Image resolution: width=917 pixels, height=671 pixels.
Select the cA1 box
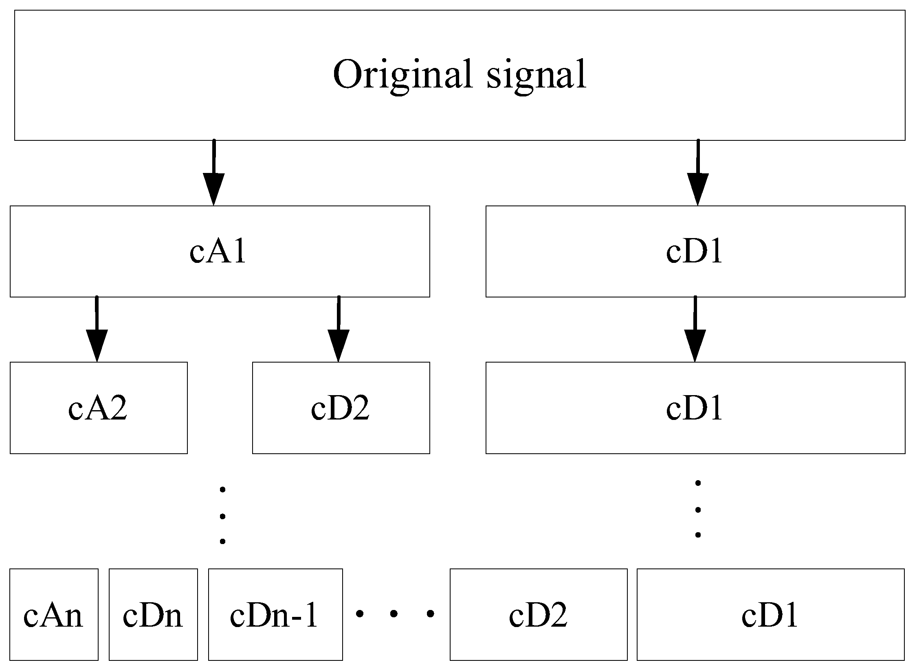tap(220, 251)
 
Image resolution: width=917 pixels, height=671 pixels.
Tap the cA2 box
tap(98, 408)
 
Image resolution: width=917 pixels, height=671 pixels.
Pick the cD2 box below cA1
tap(341, 408)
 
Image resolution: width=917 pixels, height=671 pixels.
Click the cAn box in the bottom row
tap(53, 615)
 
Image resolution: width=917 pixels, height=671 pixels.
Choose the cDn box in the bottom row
tap(153, 615)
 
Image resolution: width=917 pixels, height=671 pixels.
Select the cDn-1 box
tap(275, 615)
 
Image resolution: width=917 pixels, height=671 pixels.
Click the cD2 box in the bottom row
tap(538, 615)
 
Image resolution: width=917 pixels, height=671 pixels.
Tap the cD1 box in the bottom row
tap(770, 615)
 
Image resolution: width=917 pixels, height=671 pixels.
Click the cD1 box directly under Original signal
tap(695, 251)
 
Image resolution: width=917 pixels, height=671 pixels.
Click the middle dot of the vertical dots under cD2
tap(222, 516)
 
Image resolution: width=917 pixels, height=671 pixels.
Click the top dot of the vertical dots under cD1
tap(698, 483)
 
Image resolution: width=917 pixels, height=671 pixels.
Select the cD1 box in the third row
tap(695, 408)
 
